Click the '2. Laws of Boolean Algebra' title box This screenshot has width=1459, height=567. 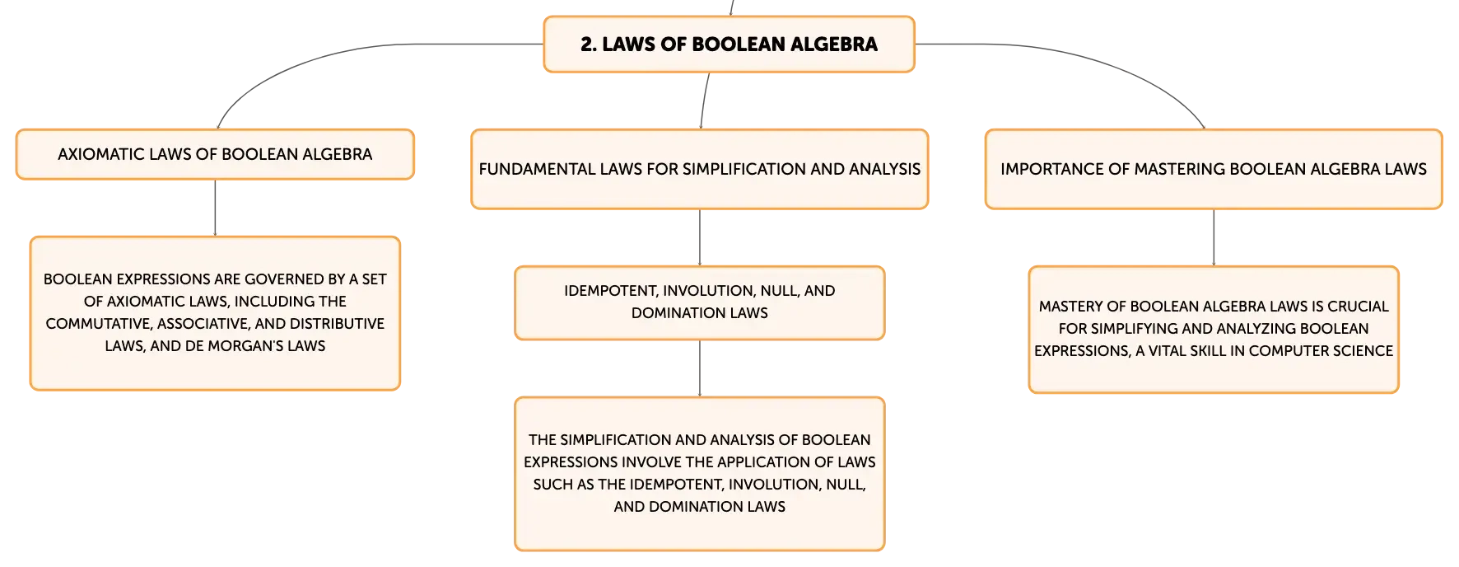(729, 45)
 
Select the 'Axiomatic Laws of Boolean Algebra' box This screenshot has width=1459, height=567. (215, 154)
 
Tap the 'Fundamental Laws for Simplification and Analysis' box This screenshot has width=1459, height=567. (700, 169)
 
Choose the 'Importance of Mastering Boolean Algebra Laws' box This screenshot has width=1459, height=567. (1214, 169)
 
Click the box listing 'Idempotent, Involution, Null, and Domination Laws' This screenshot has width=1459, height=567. (700, 302)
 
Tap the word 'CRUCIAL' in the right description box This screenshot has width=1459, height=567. (1358, 307)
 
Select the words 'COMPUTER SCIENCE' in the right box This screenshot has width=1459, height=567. (1321, 351)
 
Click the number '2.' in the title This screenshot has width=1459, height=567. (589, 45)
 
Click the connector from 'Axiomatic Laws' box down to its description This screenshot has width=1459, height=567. (215, 208)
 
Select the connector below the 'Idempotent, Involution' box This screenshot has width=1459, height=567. (700, 368)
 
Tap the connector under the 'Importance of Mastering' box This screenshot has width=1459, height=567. (1214, 237)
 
